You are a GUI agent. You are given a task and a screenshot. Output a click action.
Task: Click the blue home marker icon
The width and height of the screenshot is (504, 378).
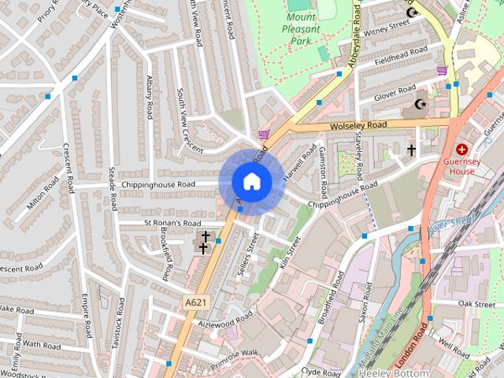(x=252, y=182)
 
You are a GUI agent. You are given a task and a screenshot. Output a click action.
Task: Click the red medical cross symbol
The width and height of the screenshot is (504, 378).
(x=461, y=149)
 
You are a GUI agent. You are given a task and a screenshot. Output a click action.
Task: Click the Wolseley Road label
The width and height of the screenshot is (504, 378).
(x=359, y=125)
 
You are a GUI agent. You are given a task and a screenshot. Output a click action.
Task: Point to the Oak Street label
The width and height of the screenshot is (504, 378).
(x=476, y=303)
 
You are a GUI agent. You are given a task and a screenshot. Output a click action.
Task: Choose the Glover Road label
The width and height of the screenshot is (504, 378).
(x=395, y=94)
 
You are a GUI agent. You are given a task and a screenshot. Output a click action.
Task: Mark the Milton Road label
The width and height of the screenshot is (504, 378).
(x=43, y=193)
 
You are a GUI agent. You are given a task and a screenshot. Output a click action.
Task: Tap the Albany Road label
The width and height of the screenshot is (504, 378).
(x=149, y=97)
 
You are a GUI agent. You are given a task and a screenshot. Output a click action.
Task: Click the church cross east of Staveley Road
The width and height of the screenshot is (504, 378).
(x=410, y=149)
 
